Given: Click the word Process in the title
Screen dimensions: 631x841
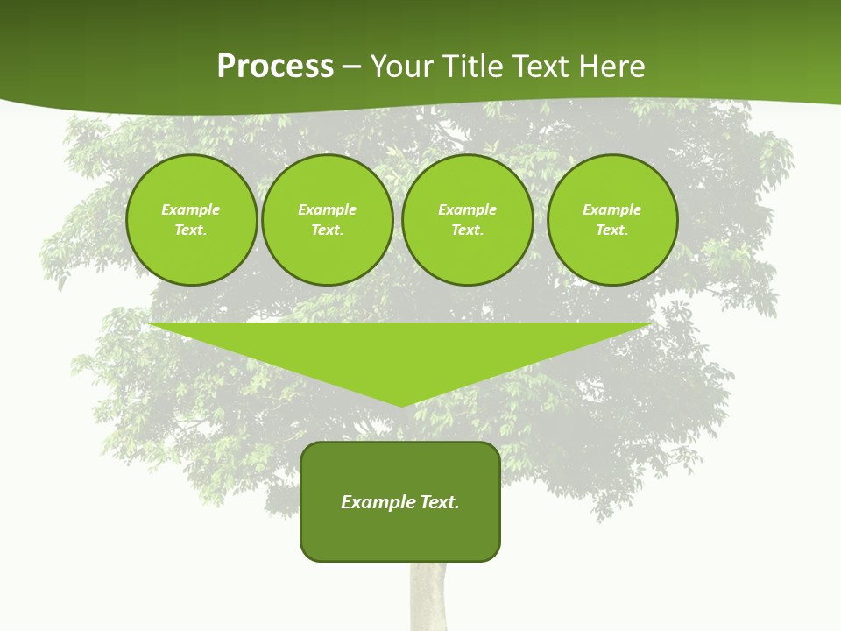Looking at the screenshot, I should click(x=275, y=67).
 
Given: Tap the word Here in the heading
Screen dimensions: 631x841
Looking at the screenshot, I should click(x=611, y=67).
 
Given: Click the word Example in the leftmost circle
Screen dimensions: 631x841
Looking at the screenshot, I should click(x=191, y=209).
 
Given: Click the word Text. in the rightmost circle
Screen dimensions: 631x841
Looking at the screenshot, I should click(x=612, y=230).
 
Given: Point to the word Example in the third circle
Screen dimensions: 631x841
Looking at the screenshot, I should click(x=468, y=209).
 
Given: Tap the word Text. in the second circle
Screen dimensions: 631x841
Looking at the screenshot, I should click(x=328, y=230).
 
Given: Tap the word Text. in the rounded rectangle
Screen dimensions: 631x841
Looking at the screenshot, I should click(x=440, y=502).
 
